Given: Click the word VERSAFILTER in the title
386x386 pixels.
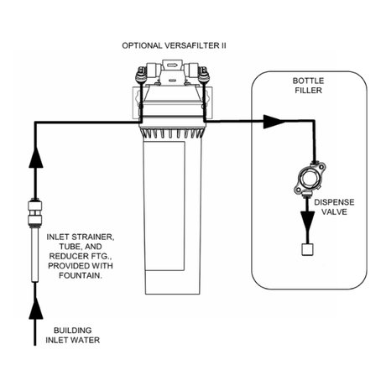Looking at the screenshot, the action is pyautogui.click(x=192, y=45).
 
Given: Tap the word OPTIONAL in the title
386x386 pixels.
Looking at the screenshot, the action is pyautogui.click(x=142, y=45).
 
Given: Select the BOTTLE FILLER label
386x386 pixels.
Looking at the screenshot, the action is pyautogui.click(x=308, y=86).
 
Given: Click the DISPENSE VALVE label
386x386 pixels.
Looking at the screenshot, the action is pyautogui.click(x=334, y=207).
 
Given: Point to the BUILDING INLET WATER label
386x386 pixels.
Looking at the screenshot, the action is pyautogui.click(x=73, y=335).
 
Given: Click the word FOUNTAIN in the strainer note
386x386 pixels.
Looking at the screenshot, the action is pyautogui.click(x=81, y=275).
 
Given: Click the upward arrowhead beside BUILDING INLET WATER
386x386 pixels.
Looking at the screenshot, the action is pyautogui.click(x=35, y=309).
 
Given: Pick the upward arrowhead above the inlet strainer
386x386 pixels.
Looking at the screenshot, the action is pyautogui.click(x=36, y=157).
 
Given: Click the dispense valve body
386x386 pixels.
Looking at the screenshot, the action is pyautogui.click(x=310, y=179).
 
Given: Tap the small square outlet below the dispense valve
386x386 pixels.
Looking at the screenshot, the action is pyautogui.click(x=307, y=249).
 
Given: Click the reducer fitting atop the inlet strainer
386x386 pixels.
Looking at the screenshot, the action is pyautogui.click(x=35, y=212).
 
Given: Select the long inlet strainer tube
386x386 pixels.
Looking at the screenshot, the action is pyautogui.click(x=35, y=254).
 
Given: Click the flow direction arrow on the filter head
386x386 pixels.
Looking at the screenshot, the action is pyautogui.click(x=171, y=65).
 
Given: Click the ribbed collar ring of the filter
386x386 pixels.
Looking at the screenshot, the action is pyautogui.click(x=171, y=132).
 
